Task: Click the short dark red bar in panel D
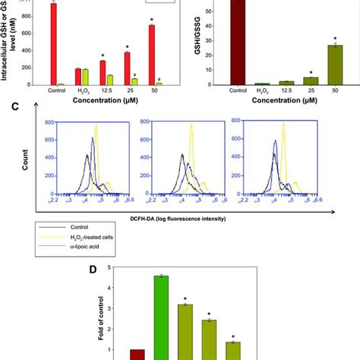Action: point(137,354)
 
